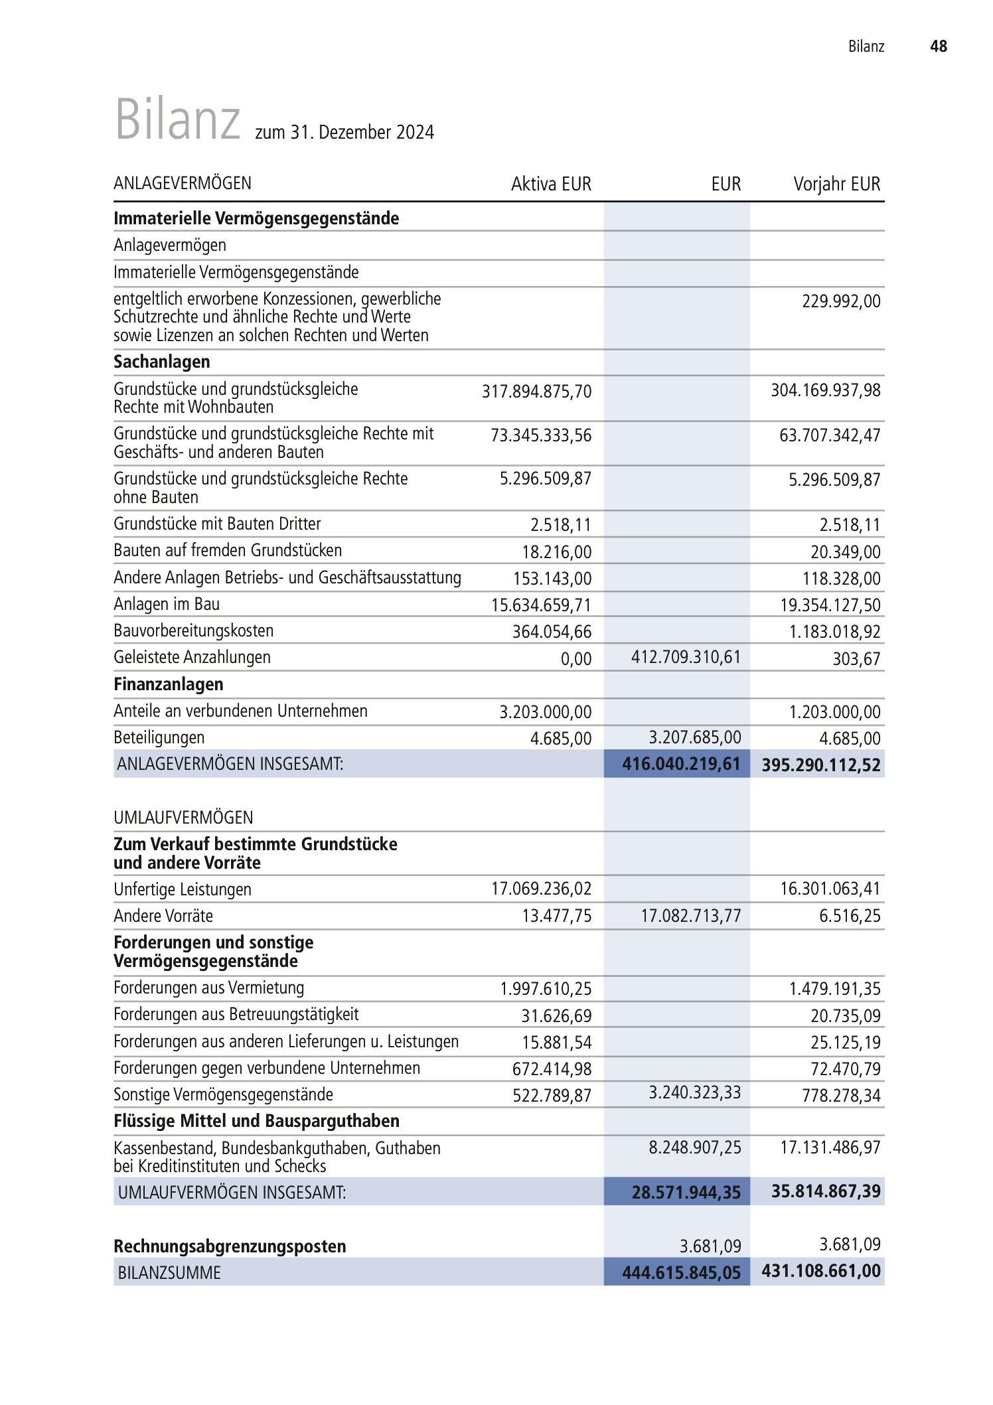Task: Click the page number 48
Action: pos(938,46)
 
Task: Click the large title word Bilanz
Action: pos(177,120)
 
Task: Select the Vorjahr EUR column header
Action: pos(836,184)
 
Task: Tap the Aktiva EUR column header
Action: pos(551,184)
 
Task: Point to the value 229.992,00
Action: pos(841,301)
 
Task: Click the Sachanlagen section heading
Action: pos(161,362)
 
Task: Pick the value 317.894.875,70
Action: pos(536,391)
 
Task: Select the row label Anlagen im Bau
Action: pos(167,604)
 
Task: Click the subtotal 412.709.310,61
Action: pos(686,657)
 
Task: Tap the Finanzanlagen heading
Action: pos(168,684)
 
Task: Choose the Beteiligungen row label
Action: pos(159,737)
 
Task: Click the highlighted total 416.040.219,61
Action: pos(681,764)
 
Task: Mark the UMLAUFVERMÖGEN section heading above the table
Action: pos(183,818)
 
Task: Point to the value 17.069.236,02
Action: pos(541,889)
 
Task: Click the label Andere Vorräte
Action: pos(163,916)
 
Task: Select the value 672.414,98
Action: pos(552,1069)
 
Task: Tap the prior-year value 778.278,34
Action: pos(841,1095)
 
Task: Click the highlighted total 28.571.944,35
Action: pos(686,1192)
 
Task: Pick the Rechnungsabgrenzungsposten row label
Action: pos(230,1246)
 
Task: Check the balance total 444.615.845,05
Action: pos(681,1272)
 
